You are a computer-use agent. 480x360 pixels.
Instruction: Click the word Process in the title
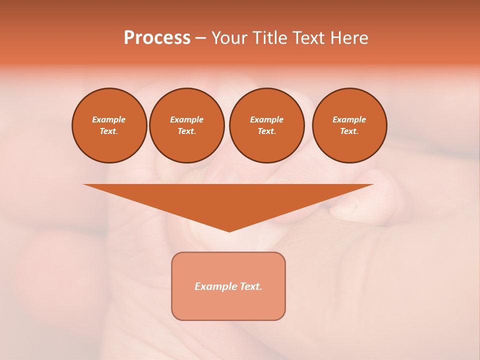coord(157,38)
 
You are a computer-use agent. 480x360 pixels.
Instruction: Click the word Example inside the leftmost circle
coord(109,119)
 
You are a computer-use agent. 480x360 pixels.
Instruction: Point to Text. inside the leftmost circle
coord(109,131)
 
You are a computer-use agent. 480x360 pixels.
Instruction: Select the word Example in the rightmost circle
coord(349,119)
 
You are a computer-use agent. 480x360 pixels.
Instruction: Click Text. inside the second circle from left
coord(186,131)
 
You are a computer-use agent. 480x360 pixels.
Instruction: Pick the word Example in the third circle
coord(266,119)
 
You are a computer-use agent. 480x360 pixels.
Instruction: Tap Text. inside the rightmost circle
coord(349,131)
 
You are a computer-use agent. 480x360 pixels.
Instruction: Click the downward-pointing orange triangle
coord(228,202)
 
